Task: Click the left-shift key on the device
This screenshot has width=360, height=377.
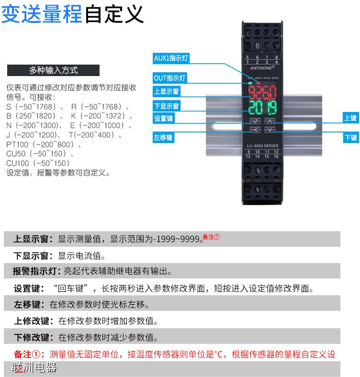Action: [256, 130]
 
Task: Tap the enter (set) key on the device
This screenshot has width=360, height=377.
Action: [256, 121]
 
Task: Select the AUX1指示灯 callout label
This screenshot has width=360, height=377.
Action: [171, 58]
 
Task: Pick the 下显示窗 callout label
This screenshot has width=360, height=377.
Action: [167, 106]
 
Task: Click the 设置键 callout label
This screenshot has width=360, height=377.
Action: [164, 119]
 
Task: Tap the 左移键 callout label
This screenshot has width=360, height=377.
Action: [164, 138]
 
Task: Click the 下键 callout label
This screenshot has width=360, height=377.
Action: [350, 138]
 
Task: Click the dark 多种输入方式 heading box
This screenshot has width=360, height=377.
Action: [53, 70]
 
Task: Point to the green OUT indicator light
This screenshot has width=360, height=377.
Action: [250, 83]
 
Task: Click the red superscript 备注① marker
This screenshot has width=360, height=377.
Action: [211, 237]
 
